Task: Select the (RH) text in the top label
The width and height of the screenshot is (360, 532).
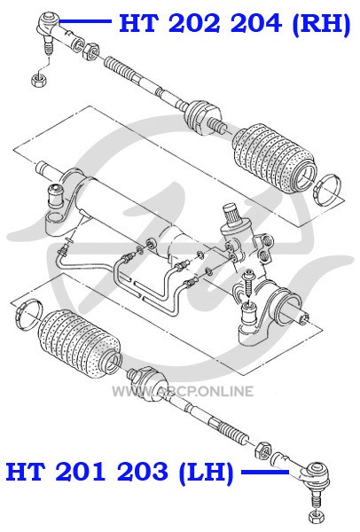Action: [321, 24]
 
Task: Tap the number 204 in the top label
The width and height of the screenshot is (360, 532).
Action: [256, 23]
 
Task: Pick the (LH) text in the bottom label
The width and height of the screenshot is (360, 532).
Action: [207, 472]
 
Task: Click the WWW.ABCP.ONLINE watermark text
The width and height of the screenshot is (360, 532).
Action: [183, 391]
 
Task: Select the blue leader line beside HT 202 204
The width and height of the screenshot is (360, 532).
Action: [85, 21]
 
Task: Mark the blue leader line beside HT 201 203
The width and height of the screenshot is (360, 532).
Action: [265, 472]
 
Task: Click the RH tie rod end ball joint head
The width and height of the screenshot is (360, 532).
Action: [49, 21]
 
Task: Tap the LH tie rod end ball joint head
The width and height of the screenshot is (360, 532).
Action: [316, 473]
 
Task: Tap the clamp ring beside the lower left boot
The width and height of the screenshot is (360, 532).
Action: [28, 314]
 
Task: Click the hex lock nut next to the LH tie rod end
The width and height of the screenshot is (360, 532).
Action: [263, 450]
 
